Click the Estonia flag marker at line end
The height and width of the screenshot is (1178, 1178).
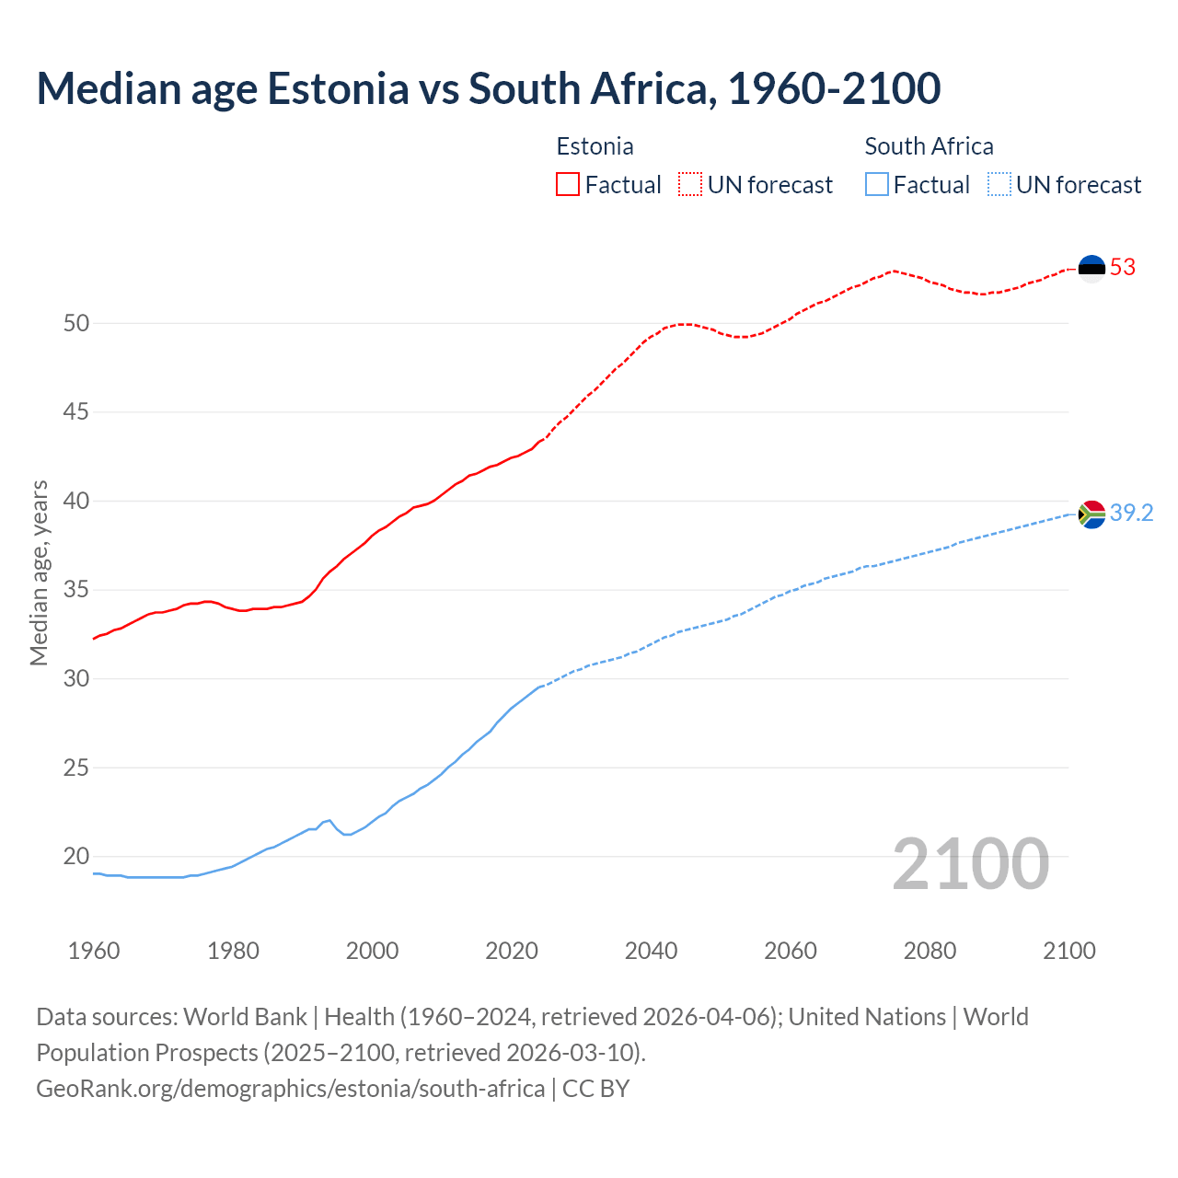(x=1091, y=268)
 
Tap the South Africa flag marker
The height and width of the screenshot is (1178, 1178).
(x=1091, y=514)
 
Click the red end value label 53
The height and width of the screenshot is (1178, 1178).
(x=1123, y=268)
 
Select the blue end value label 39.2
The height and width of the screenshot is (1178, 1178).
(x=1131, y=514)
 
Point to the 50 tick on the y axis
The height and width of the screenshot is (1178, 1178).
(x=76, y=323)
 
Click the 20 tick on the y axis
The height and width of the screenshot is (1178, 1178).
(x=76, y=857)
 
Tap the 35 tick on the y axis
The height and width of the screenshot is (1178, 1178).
(x=76, y=590)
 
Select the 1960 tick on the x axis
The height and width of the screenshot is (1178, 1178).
(x=94, y=951)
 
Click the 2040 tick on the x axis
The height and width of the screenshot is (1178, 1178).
(x=651, y=951)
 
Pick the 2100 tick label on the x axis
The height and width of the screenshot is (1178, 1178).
(x=1068, y=951)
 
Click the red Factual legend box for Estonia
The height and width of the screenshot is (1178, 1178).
(x=568, y=185)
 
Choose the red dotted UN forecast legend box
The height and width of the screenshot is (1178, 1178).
(x=690, y=185)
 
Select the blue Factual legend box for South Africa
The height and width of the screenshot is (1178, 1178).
(x=877, y=185)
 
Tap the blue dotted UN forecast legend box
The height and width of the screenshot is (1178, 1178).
(x=999, y=185)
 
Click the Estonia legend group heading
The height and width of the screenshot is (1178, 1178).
(x=595, y=146)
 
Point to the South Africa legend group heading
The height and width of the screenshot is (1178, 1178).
(x=929, y=146)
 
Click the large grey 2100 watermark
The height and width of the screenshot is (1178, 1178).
(x=971, y=863)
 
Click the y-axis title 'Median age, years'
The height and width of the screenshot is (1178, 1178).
(x=39, y=572)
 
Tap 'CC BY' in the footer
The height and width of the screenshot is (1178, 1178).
(x=595, y=1088)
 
